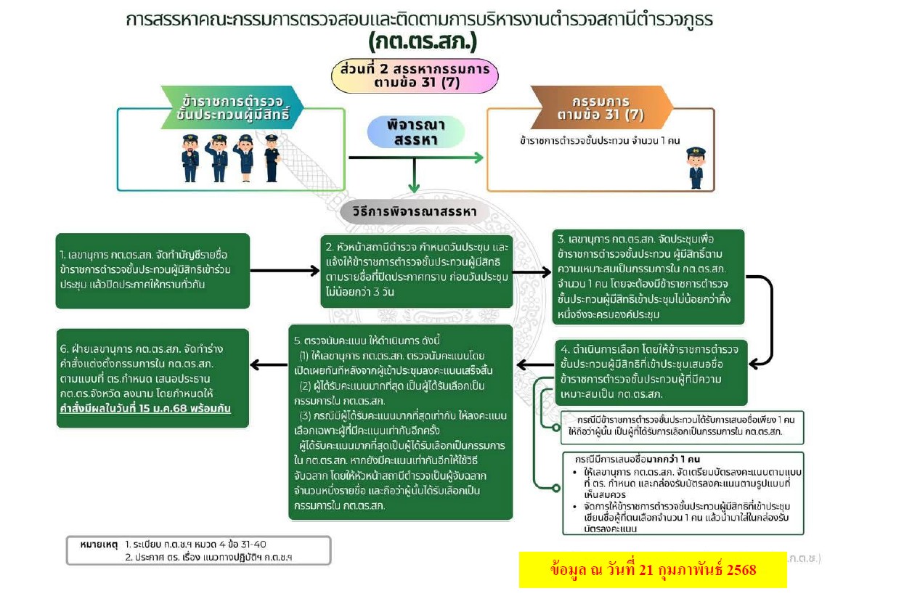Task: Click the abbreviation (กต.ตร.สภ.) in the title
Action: (x=423, y=41)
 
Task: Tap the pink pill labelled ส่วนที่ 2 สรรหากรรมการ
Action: (x=415, y=76)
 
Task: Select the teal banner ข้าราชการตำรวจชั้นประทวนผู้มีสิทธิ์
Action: (x=232, y=107)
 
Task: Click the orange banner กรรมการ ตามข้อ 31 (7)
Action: (x=601, y=107)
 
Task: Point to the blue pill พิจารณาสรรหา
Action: (x=415, y=132)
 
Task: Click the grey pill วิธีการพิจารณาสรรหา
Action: (x=415, y=212)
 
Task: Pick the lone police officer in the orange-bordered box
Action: (x=696, y=168)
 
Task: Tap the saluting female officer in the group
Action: (x=245, y=158)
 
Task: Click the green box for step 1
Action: (x=152, y=271)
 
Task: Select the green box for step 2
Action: (x=417, y=272)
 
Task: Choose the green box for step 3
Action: (x=648, y=277)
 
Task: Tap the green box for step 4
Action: (x=651, y=372)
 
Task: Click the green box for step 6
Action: (x=152, y=378)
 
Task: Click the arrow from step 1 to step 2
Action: (x=285, y=270)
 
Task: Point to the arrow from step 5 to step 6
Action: (x=269, y=365)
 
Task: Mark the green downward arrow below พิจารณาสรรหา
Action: (x=414, y=175)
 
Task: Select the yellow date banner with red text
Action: (x=653, y=570)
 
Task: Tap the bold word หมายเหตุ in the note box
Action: (x=99, y=544)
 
